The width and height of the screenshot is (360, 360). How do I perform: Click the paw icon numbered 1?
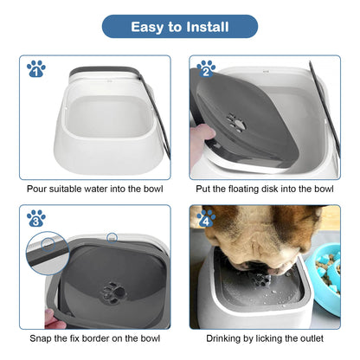pos(35,67)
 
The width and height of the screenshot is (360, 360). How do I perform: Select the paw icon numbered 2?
pos(206,67)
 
